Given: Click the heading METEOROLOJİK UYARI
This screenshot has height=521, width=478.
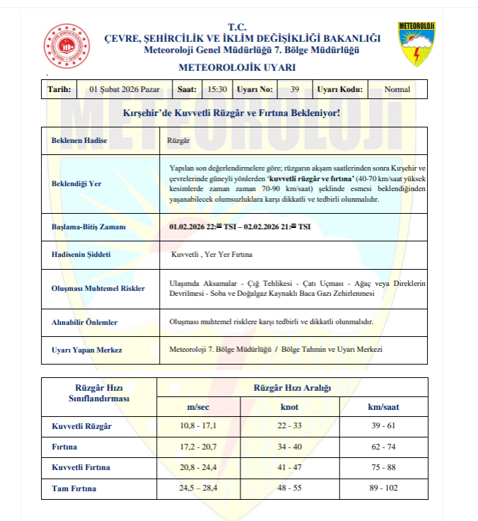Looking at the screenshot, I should (237, 68).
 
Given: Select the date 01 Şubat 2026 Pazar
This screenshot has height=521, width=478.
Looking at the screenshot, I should (124, 90).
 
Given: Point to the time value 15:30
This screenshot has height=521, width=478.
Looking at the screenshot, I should (217, 90).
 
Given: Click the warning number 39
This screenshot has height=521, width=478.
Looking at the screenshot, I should (295, 90).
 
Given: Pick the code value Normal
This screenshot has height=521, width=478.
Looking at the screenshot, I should (397, 90).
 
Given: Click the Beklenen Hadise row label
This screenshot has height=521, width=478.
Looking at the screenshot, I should (79, 141).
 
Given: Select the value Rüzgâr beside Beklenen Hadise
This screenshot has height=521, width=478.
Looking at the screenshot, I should (178, 141).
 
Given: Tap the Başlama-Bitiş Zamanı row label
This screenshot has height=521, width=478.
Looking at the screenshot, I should (88, 227).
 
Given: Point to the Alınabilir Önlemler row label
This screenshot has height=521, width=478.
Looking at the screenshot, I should (85, 322).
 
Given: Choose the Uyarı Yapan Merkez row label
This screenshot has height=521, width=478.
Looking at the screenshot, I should (87, 350).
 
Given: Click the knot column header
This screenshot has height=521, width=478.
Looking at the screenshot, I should (290, 407).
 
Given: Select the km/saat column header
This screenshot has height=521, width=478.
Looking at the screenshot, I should (384, 407).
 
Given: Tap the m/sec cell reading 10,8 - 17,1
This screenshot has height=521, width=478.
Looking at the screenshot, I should (198, 426).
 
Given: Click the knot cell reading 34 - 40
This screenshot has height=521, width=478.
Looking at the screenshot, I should (290, 447).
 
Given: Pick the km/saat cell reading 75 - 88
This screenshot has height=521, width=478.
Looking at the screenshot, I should (384, 468).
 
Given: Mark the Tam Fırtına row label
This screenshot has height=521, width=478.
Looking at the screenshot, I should (75, 488).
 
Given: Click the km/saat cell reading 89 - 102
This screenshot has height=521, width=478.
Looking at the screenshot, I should (384, 488).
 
